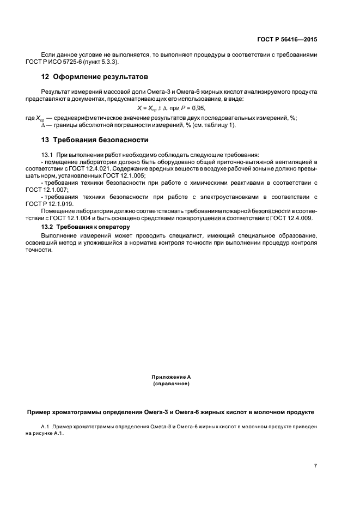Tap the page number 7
pyautogui.click(x=316, y=465)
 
